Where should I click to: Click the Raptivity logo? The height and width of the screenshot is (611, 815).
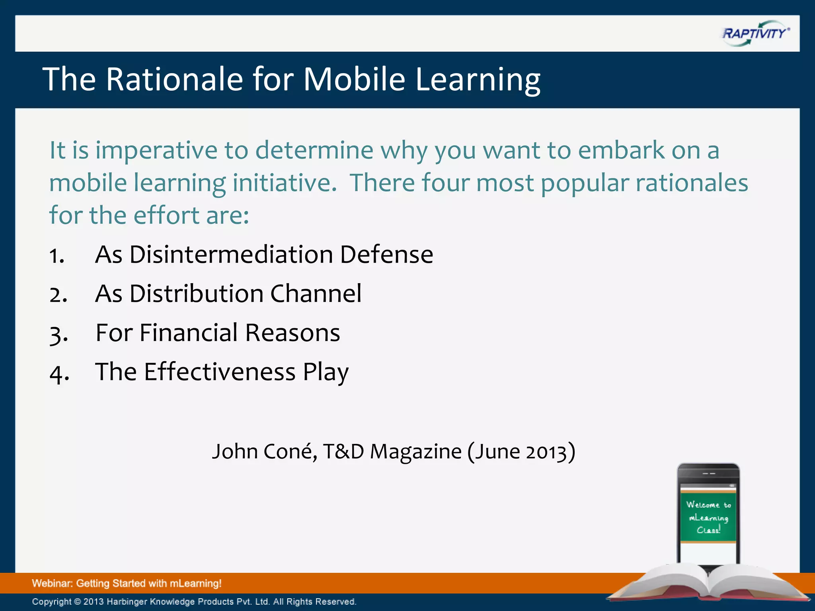[x=755, y=33]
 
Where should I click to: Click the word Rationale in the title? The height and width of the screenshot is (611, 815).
[x=174, y=79]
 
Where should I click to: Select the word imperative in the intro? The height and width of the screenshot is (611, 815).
[x=156, y=151]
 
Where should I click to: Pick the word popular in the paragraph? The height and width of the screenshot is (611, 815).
[x=585, y=184]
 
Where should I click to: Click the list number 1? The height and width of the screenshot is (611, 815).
[x=57, y=256]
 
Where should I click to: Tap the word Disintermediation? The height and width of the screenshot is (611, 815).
[x=231, y=255]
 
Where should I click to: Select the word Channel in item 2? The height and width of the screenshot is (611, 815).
[x=316, y=294]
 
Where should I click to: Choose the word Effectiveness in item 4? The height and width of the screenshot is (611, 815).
[x=220, y=372]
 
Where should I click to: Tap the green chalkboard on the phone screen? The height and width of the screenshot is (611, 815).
[x=708, y=517]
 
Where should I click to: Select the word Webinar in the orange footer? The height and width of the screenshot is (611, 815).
[x=52, y=584]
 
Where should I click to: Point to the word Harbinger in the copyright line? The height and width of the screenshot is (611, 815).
[x=127, y=602]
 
